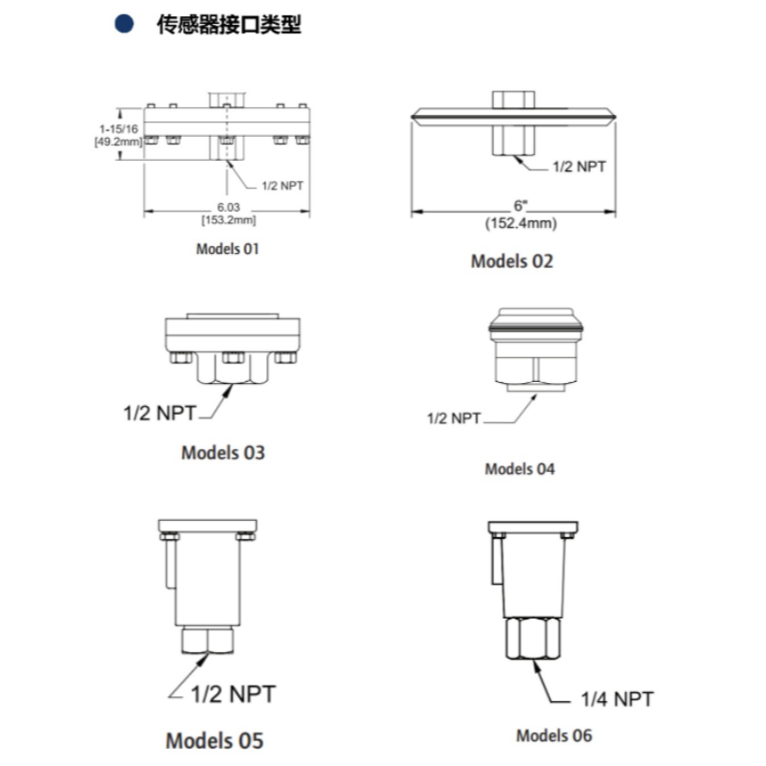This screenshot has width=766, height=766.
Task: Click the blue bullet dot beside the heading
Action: pyautogui.click(x=124, y=23)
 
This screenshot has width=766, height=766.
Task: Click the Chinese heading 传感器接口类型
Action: pyautogui.click(x=229, y=25)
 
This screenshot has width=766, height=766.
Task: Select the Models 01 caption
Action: pyautogui.click(x=227, y=249)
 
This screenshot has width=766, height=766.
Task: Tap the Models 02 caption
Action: pyautogui.click(x=512, y=261)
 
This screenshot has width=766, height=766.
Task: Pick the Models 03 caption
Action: pyautogui.click(x=223, y=452)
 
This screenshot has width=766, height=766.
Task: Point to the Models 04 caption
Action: pyautogui.click(x=520, y=469)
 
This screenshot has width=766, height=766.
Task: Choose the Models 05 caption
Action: pyautogui.click(x=214, y=740)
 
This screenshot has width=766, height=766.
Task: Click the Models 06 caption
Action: pyautogui.click(x=554, y=735)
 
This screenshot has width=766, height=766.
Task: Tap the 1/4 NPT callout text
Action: pyautogui.click(x=617, y=699)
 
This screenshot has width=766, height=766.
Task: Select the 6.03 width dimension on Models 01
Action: pyautogui.click(x=229, y=207)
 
